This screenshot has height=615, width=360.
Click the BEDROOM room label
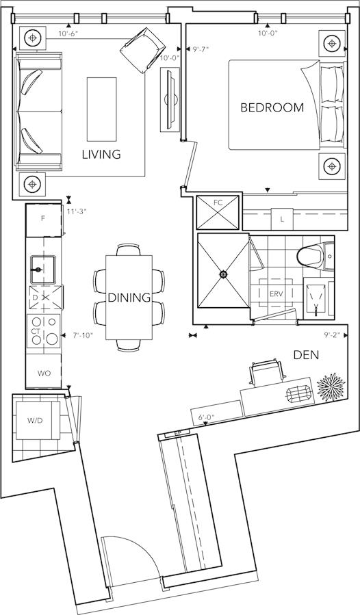(x=272, y=107)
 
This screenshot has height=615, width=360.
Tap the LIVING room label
(x=101, y=154)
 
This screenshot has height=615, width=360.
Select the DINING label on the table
(x=129, y=298)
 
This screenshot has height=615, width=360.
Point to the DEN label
(x=306, y=355)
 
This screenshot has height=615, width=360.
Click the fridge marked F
(x=44, y=220)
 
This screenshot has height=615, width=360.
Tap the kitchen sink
(x=43, y=270)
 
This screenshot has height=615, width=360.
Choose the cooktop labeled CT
(x=43, y=331)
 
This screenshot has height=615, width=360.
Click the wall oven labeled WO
(x=44, y=374)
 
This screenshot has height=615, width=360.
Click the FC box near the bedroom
(x=218, y=212)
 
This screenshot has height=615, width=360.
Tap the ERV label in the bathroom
(x=276, y=293)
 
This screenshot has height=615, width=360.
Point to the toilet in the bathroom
(x=315, y=257)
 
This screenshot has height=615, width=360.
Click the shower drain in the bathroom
(x=223, y=274)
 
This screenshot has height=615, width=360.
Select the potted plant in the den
(x=331, y=387)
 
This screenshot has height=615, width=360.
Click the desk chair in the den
(x=267, y=372)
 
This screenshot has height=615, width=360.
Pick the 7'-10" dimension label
(x=83, y=336)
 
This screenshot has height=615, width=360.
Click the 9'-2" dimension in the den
(x=332, y=335)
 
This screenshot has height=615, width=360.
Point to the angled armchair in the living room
(x=142, y=50)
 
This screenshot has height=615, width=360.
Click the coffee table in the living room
(x=102, y=109)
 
